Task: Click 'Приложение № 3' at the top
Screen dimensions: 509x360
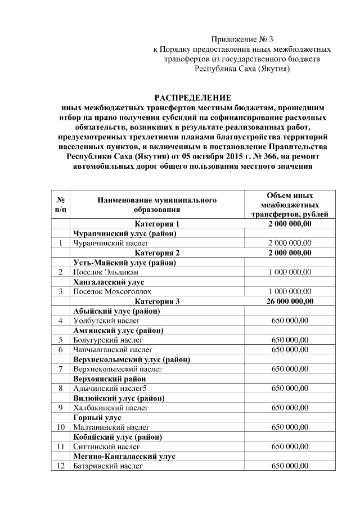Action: click(x=242, y=39)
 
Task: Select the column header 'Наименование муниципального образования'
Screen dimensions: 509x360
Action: click(x=157, y=205)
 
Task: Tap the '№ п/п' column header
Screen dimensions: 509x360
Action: click(x=60, y=205)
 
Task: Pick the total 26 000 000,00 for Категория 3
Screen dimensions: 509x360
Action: click(x=290, y=301)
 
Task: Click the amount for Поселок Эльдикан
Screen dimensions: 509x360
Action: click(x=290, y=272)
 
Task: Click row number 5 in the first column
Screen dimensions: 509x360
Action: click(x=60, y=340)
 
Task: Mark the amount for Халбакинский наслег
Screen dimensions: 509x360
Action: click(x=290, y=408)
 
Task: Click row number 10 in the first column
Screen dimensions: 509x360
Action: click(x=60, y=427)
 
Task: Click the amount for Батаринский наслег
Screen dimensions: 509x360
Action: click(x=290, y=466)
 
